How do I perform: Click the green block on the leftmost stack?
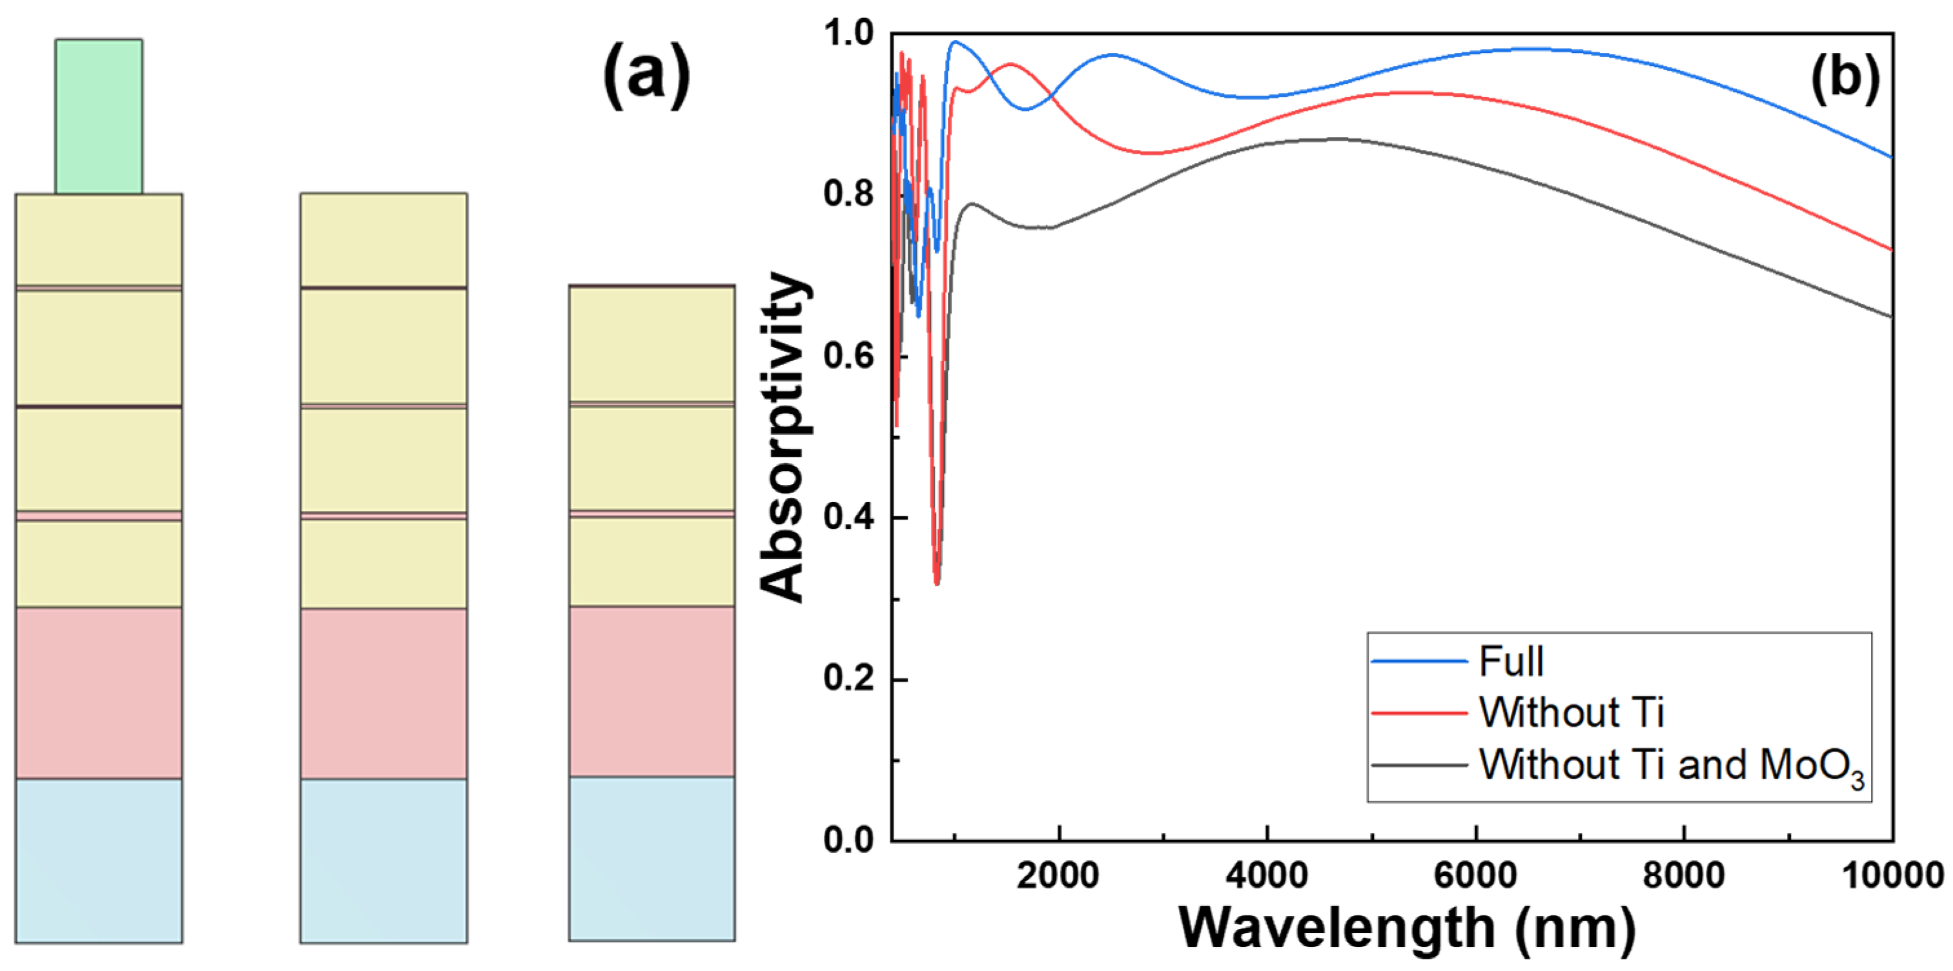tap(99, 116)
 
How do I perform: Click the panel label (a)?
tap(646, 76)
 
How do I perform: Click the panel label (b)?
tap(1845, 78)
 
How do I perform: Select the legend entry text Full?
tap(1510, 662)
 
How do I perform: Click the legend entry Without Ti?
tap(1571, 713)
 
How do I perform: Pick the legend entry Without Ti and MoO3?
tap(1671, 765)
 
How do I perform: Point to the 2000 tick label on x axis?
tap(1058, 875)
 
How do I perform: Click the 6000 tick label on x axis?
tap(1475, 875)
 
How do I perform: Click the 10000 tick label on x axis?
tap(1892, 875)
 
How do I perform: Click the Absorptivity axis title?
tap(782, 436)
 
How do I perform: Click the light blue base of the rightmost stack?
tap(652, 859)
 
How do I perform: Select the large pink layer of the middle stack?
tap(383, 693)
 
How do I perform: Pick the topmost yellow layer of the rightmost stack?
tap(652, 344)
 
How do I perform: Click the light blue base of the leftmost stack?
tap(99, 861)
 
